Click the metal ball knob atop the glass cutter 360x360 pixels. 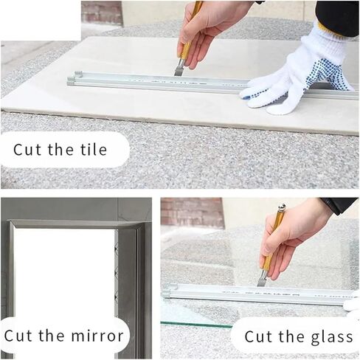[x=281, y=209]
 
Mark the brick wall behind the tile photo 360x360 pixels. [x=100, y=11]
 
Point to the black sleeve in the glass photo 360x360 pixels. [x=341, y=205]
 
